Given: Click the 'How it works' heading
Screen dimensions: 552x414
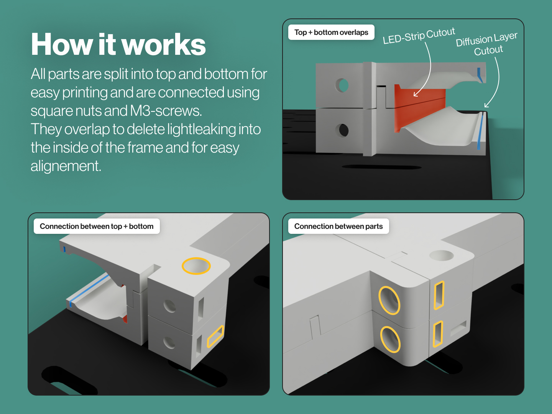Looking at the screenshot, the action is click(x=118, y=44).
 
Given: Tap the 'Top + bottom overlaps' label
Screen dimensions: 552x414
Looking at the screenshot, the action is click(x=331, y=33).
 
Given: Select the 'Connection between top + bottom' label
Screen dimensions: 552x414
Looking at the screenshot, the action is click(x=97, y=226).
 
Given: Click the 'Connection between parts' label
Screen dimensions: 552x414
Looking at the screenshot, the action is click(x=338, y=226).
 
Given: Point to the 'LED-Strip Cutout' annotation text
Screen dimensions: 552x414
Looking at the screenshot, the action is click(x=419, y=36).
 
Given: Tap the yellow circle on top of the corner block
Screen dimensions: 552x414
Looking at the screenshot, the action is click(x=196, y=266).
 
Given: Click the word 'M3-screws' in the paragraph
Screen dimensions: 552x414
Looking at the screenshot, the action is click(x=166, y=111).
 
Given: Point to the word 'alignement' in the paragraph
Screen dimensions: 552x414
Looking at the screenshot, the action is click(x=66, y=166).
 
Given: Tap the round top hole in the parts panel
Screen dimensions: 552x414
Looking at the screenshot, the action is click(x=441, y=255).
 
